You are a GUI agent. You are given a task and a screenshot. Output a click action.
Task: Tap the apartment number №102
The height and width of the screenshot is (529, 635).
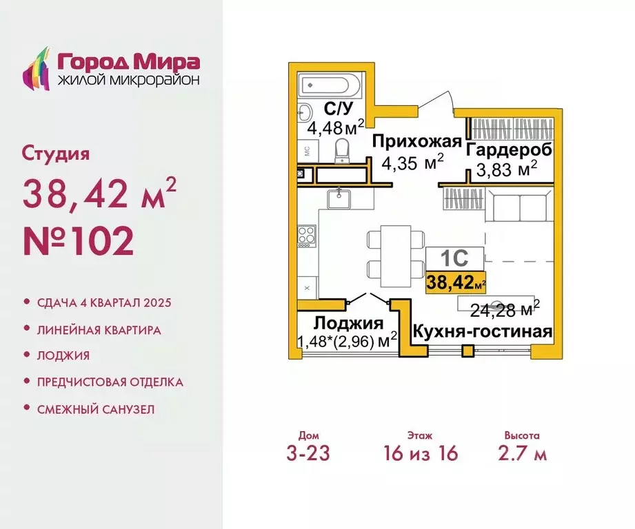(79, 241)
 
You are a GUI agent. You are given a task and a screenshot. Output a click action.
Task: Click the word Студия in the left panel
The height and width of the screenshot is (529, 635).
(56, 153)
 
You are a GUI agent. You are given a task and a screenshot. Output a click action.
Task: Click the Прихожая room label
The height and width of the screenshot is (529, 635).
(416, 142)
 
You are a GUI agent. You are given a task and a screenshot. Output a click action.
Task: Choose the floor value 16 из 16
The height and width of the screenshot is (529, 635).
(420, 453)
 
